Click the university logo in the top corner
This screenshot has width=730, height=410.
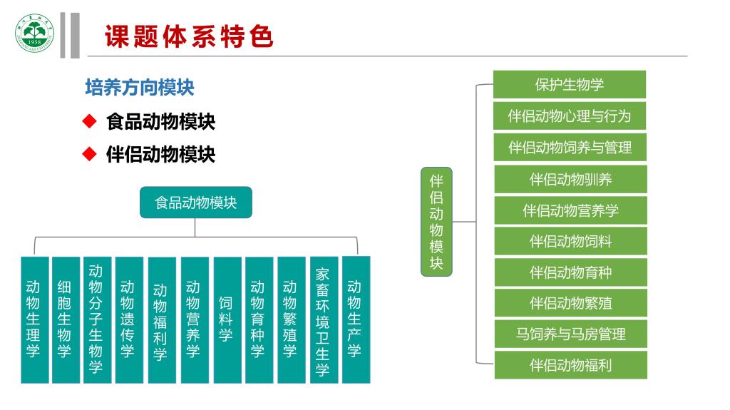34,34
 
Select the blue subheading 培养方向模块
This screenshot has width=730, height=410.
140,88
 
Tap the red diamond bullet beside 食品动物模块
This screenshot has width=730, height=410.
89,122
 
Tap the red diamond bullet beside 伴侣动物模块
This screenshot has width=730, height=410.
89,154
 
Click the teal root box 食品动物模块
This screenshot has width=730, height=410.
196,203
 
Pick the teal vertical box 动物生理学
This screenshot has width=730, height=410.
34,319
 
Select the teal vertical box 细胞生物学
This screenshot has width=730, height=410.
65,319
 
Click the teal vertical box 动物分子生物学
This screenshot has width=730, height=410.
96,319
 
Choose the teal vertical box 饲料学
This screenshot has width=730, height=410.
226,319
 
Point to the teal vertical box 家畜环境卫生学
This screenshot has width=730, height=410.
323,319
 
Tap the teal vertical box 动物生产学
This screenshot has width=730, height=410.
354,318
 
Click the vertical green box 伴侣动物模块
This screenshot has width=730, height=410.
436,222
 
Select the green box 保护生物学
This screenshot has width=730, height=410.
570,84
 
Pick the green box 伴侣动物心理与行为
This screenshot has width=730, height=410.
570,116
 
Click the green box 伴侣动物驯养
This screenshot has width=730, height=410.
570,179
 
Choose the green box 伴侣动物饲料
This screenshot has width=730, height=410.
570,241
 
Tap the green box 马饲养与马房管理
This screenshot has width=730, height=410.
570,334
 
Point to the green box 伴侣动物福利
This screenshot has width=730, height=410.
570,365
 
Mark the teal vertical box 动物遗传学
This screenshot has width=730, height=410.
128,319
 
